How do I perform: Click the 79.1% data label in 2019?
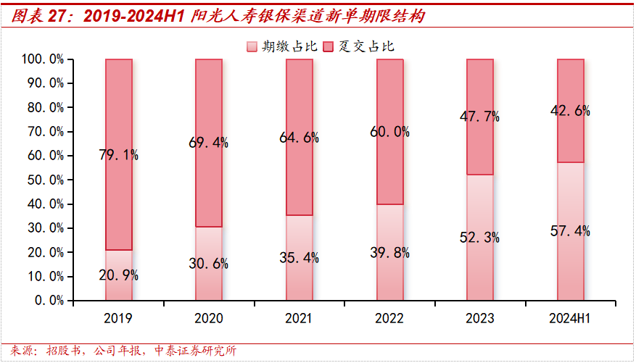click(119, 154)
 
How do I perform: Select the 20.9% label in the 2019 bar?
click(119, 275)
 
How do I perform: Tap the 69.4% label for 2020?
click(209, 143)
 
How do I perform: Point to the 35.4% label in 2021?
click(300, 257)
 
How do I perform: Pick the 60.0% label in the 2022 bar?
click(389, 132)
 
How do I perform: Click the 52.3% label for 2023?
click(479, 237)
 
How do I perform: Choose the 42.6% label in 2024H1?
click(570, 111)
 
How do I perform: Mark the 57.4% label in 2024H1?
click(570, 231)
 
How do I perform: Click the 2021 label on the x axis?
click(300, 318)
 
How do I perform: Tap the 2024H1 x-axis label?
click(570, 318)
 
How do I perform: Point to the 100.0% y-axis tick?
click(43, 59)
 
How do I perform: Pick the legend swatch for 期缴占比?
click(252, 46)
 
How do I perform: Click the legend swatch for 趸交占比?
click(328, 46)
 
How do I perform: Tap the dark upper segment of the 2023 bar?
click(479, 145)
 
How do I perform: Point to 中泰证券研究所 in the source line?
click(196, 351)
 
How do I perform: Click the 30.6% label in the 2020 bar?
click(209, 264)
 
